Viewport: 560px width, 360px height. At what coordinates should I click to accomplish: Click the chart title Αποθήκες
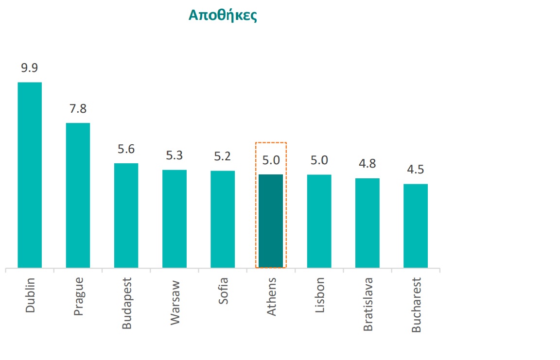tap(222, 15)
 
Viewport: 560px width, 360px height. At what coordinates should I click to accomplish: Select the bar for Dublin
tap(30, 175)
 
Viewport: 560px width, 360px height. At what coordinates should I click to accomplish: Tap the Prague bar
tap(78, 195)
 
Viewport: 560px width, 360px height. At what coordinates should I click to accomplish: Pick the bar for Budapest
tap(126, 215)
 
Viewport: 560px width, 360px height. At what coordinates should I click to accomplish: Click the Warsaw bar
tap(175, 219)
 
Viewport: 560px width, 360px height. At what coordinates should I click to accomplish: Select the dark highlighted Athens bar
tap(271, 221)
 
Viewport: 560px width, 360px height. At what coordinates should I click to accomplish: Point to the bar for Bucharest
tap(416, 225)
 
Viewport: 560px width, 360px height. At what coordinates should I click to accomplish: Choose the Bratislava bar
tap(367, 223)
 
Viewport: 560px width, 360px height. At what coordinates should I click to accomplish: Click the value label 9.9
tap(30, 68)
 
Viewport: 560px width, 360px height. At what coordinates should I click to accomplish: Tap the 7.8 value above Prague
tap(78, 109)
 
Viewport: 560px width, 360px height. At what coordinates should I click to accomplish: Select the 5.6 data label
tap(126, 149)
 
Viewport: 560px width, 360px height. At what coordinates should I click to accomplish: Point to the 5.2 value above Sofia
tap(223, 156)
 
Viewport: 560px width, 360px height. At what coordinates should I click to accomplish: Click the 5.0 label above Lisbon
tap(319, 160)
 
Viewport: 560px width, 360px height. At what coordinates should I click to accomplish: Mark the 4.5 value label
tap(416, 170)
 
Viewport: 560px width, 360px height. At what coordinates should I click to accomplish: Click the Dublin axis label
tap(30, 295)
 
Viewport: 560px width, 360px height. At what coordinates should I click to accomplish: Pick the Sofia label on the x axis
tap(223, 291)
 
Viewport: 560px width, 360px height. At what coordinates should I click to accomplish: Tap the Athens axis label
tap(271, 296)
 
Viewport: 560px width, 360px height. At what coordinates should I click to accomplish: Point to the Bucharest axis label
tap(416, 305)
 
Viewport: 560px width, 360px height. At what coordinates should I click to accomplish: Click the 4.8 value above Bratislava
tap(367, 164)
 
